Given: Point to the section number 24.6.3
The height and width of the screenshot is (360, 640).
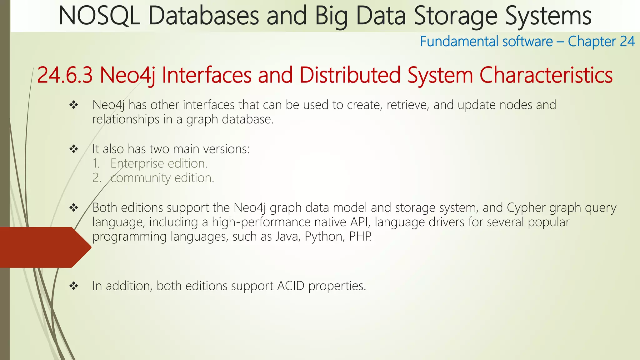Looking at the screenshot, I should coord(65,75).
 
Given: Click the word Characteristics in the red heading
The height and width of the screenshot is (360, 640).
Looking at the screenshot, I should coord(546,75).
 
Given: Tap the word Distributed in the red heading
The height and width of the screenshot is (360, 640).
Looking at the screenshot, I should coord(350,75).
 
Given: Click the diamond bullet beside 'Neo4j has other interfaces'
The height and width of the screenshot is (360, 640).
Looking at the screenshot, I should coord(74,105).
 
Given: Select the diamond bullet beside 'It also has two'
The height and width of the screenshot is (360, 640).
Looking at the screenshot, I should coord(74,149).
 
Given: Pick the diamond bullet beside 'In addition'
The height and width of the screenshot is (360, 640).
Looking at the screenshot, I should coord(74,286).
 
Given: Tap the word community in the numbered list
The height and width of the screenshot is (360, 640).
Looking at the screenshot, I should coord(140,178).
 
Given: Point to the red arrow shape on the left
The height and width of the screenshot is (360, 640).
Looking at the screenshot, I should coord(44,247).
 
